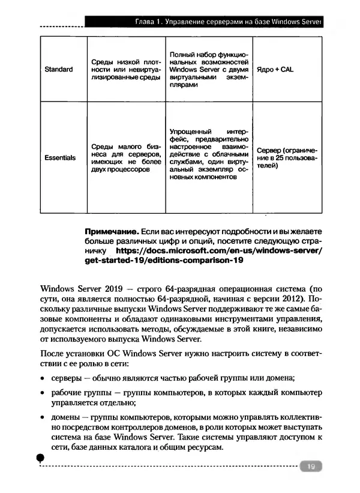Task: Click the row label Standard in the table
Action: (x=59, y=70)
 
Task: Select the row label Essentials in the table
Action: (x=60, y=158)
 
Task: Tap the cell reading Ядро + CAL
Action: (x=275, y=70)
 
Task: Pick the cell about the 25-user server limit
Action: (x=287, y=158)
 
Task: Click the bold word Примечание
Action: (x=112, y=231)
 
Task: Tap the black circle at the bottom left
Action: (x=40, y=458)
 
